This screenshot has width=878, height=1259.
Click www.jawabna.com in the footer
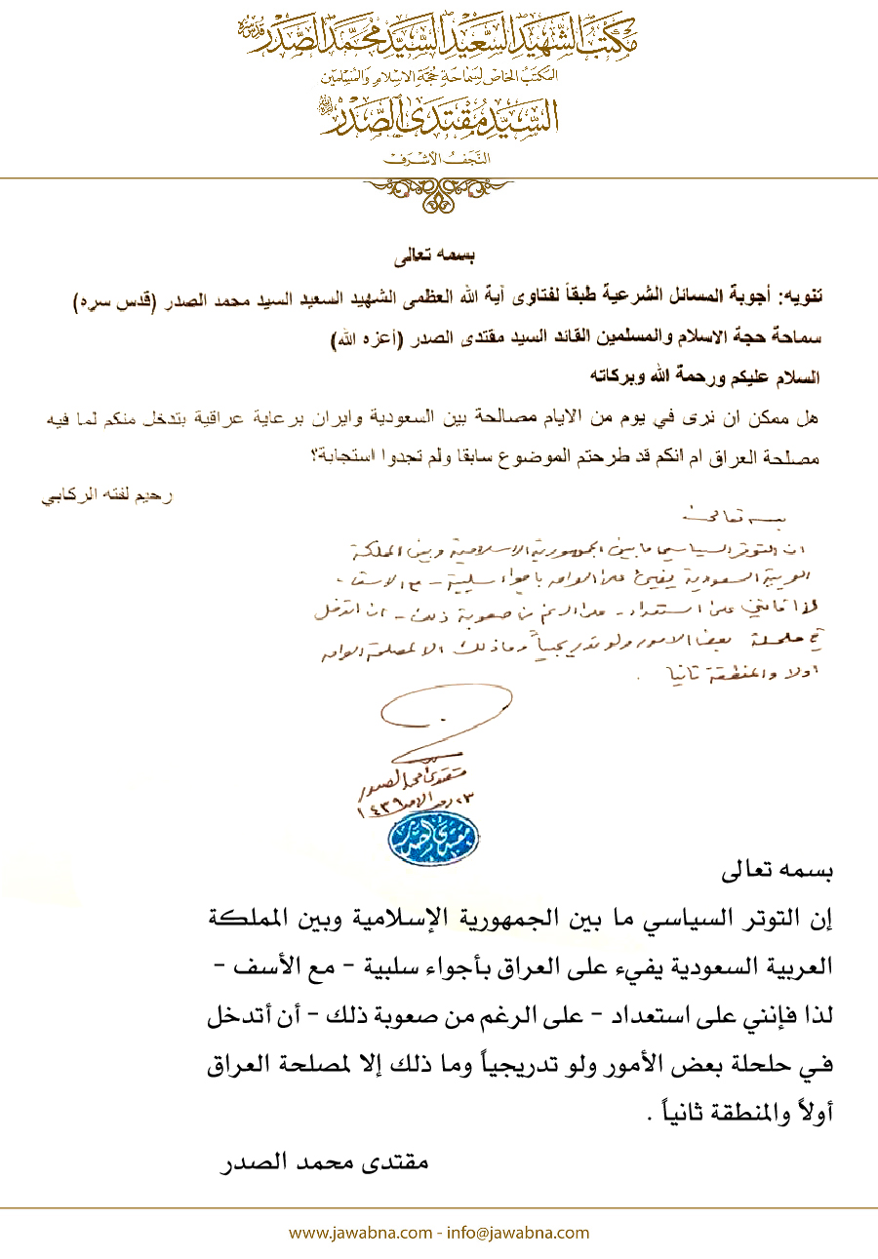tap(360, 1233)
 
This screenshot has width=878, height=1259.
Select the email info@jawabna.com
tap(518, 1233)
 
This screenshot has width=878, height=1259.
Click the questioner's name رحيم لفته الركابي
tap(107, 495)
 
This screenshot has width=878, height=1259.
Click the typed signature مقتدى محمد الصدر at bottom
tap(323, 1163)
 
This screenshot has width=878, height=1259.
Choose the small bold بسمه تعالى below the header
tap(439, 259)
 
